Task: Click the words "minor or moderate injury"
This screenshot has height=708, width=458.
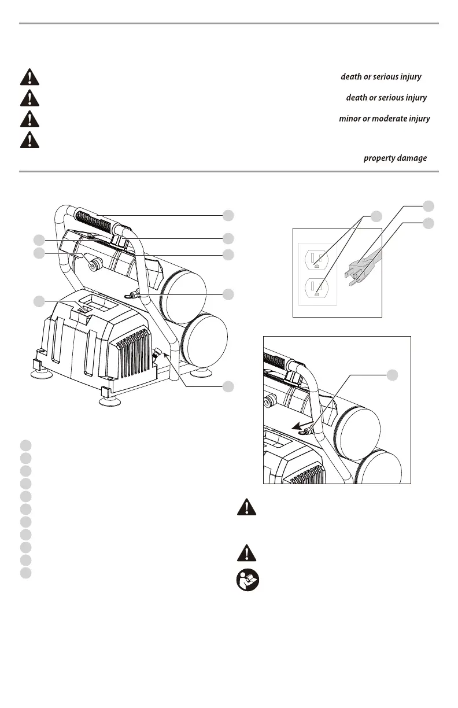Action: pos(384,119)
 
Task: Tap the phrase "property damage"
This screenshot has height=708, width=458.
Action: pos(395,158)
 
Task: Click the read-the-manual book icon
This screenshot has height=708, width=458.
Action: pos(247,580)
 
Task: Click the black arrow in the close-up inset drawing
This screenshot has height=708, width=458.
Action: pos(298,429)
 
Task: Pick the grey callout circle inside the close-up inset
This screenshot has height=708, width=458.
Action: pos(392,375)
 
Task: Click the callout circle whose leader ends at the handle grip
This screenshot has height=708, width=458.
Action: pos(229,215)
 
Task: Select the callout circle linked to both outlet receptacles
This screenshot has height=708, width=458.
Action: pos(376,216)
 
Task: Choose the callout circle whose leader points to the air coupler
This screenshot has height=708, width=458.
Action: pos(229,386)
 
